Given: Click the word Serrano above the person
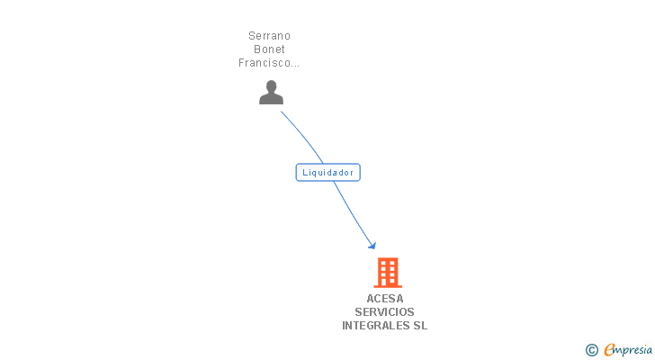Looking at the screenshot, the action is (x=270, y=36).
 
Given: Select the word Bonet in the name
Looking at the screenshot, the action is (x=270, y=49).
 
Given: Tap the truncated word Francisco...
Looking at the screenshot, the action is (x=268, y=63).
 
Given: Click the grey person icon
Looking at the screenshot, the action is (x=271, y=92).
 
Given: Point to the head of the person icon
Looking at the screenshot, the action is (x=271, y=86).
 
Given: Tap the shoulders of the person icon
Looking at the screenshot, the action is (x=271, y=99).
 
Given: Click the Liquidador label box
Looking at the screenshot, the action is (x=327, y=172).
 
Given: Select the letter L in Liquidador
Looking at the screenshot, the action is (x=305, y=172).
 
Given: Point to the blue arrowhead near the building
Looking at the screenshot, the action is (x=372, y=245).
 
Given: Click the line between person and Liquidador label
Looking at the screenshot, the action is (x=306, y=137).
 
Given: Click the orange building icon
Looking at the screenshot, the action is (x=388, y=272).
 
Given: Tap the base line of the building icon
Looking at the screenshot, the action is (x=388, y=286).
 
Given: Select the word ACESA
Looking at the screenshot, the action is (x=385, y=299).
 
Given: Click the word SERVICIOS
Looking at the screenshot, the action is (x=385, y=312).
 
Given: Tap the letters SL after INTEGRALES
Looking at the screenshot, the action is (x=420, y=326).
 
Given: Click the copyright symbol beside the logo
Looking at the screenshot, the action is (x=592, y=349).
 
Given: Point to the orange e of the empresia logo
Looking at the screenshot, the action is (x=610, y=349).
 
